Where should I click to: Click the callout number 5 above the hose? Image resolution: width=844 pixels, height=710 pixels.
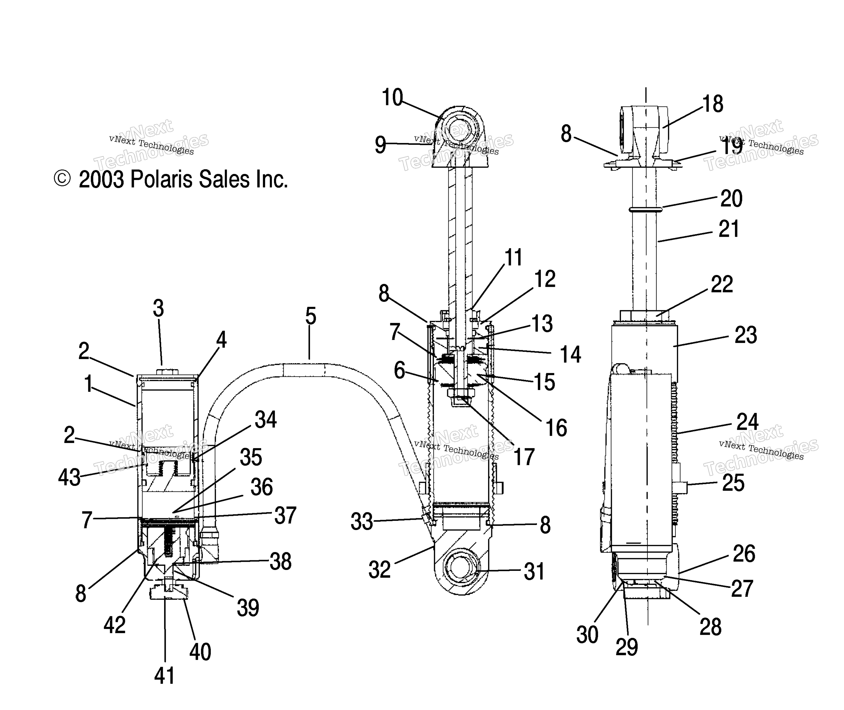[310, 316]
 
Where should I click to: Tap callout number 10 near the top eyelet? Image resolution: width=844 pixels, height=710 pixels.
[392, 97]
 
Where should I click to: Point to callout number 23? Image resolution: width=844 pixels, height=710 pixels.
[746, 335]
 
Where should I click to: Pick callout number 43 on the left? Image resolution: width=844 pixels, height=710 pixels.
[69, 477]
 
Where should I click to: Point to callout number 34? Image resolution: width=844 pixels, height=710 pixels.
[266, 420]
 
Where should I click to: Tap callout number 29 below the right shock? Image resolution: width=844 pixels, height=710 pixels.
[627, 647]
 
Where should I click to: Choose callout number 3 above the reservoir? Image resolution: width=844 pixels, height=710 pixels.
[158, 309]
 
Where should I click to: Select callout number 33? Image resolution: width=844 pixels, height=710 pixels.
[362, 522]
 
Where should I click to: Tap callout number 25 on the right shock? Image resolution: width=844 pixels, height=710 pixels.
[733, 483]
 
